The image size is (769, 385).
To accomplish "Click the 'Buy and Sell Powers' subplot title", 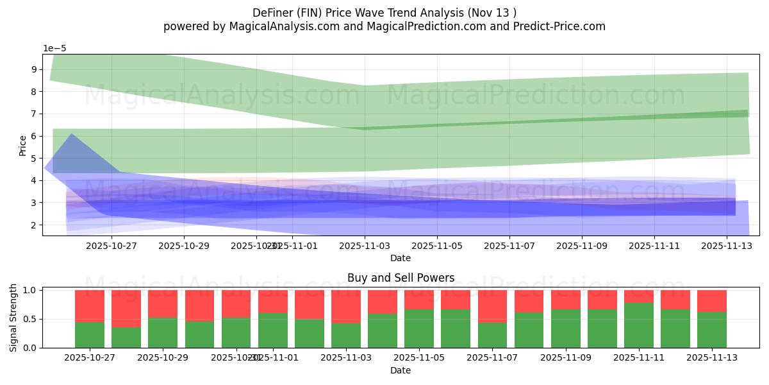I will (401, 278).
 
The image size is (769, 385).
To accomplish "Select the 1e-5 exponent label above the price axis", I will (54, 49).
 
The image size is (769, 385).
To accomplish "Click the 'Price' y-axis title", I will (23, 145).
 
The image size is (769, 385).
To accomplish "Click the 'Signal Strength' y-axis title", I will (14, 319).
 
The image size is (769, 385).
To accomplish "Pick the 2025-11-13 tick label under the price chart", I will (726, 245).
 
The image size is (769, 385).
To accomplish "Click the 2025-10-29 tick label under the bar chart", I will (163, 357).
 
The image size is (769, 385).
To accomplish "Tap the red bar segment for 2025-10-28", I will (126, 308).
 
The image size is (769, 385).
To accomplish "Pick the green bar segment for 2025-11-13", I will (711, 330).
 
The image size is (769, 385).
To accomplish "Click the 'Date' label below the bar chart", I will (401, 370).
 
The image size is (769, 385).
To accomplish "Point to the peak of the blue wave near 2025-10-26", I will (70, 134).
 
